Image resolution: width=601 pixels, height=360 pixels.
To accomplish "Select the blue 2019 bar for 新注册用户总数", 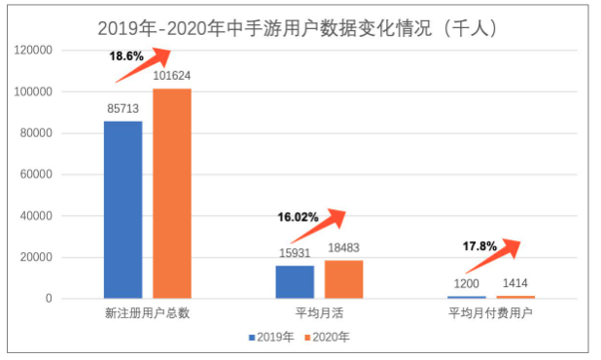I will point(123,209).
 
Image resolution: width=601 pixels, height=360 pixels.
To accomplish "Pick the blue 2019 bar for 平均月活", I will point(295,281).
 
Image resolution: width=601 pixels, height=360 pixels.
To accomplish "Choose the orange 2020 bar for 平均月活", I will point(343,278).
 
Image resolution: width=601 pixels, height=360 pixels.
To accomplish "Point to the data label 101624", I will point(173,77).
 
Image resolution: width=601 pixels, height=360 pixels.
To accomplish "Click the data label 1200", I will point(466,284).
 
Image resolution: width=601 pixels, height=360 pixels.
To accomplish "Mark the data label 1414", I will point(515,284).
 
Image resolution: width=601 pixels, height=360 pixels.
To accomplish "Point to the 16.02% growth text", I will point(297,216).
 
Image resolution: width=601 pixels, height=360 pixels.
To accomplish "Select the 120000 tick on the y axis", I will point(60,50).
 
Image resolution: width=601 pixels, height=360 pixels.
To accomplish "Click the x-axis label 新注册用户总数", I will point(147,314).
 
